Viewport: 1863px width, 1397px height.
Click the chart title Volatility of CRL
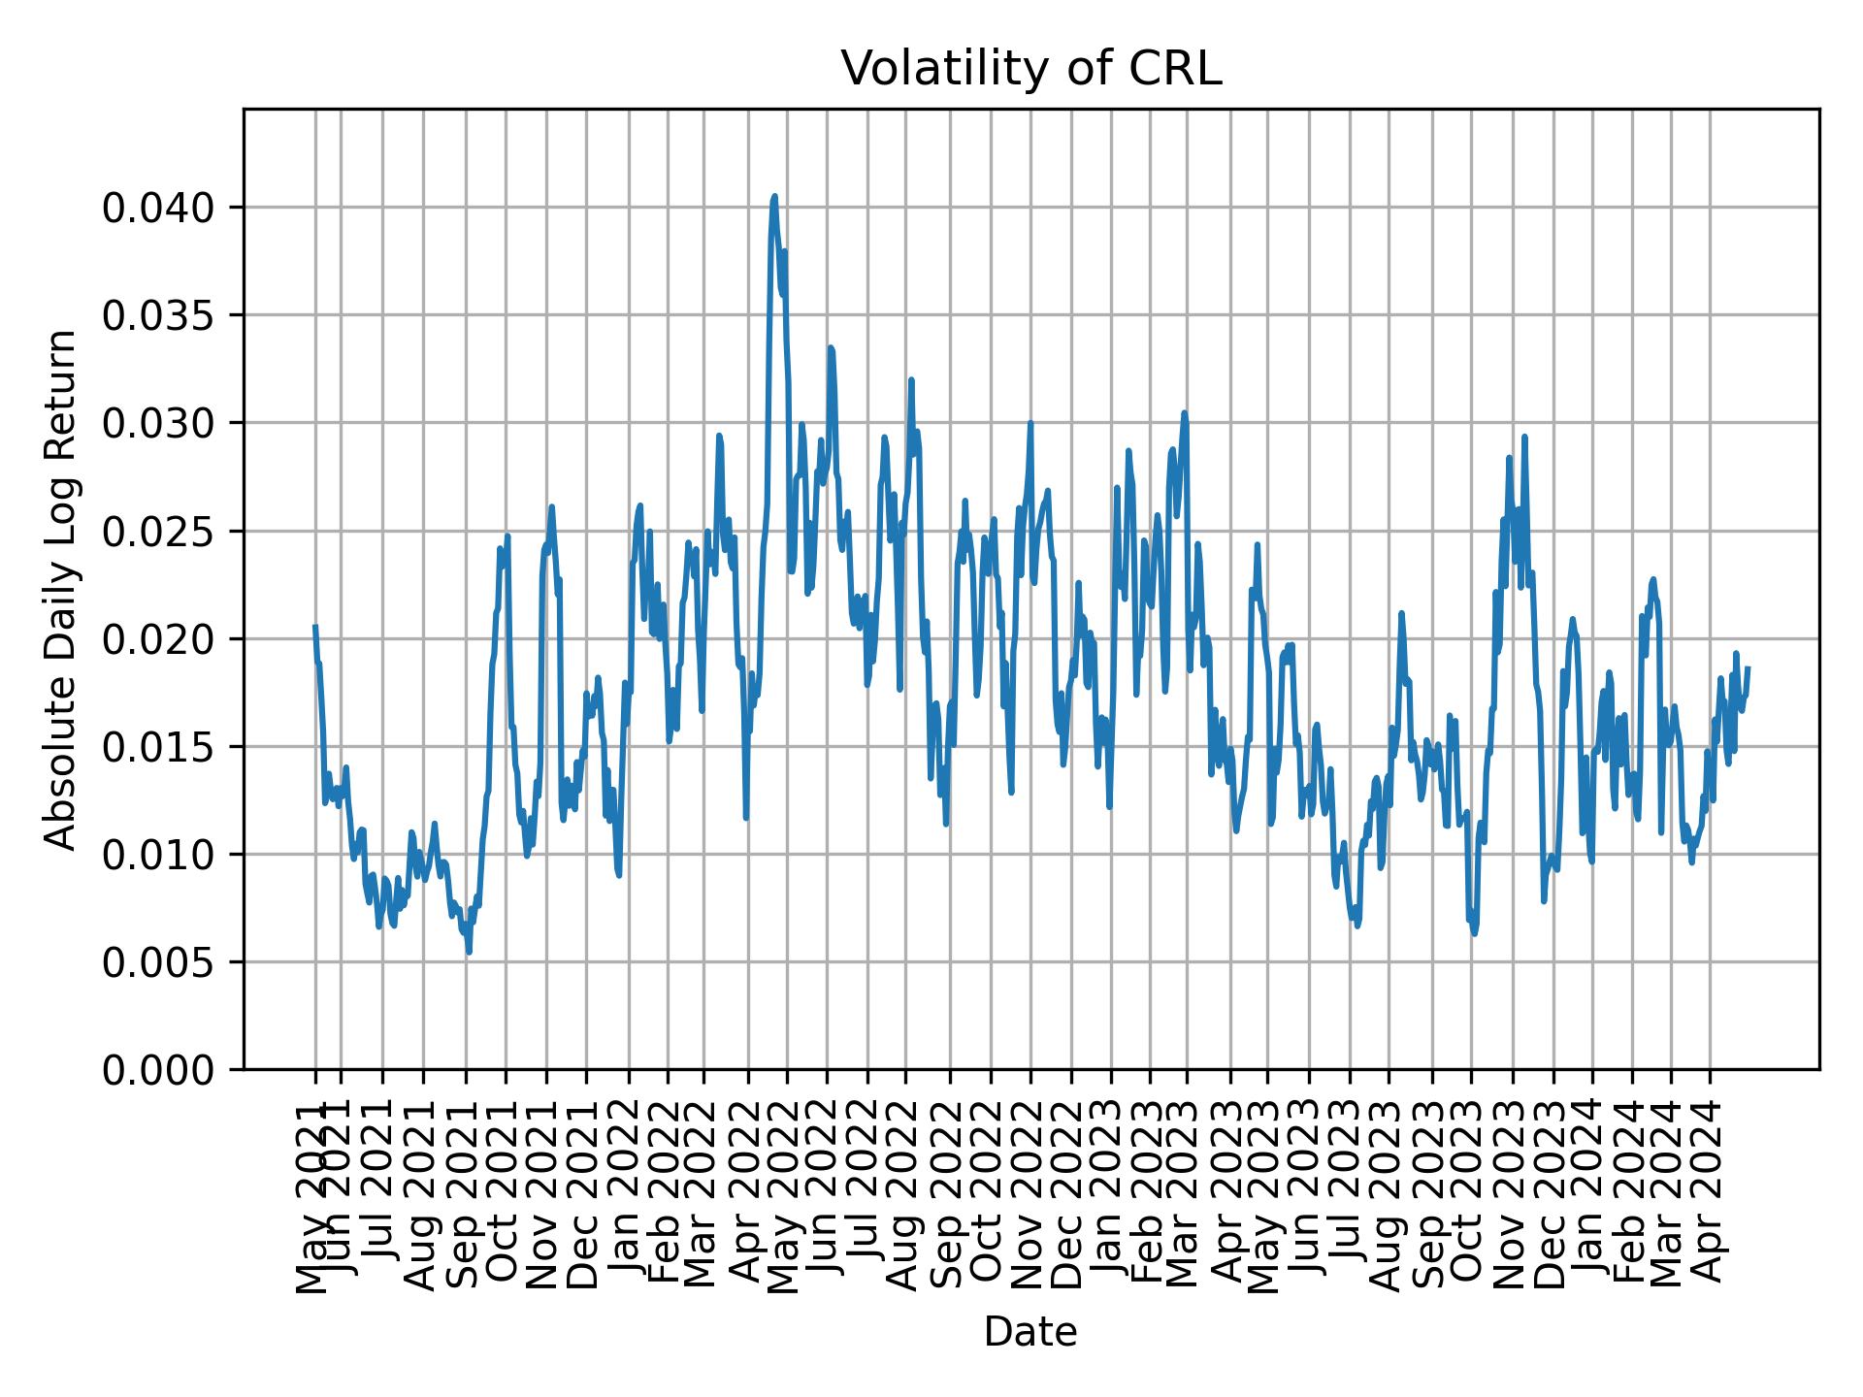1030,70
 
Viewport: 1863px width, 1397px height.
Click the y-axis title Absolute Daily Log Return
62,590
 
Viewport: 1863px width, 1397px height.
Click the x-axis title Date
1030,1333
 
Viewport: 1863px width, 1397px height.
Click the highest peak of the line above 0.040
774,197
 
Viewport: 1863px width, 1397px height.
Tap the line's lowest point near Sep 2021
469,952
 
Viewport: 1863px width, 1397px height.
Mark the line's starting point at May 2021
315,627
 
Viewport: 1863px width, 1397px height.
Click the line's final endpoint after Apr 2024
1748,668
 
